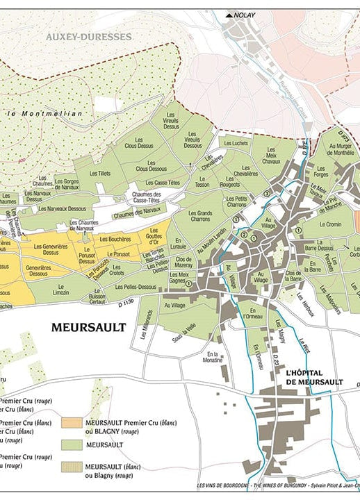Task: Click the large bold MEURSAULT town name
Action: coord(89,327)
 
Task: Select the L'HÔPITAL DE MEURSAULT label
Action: coord(314,378)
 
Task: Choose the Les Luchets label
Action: coord(236,143)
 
